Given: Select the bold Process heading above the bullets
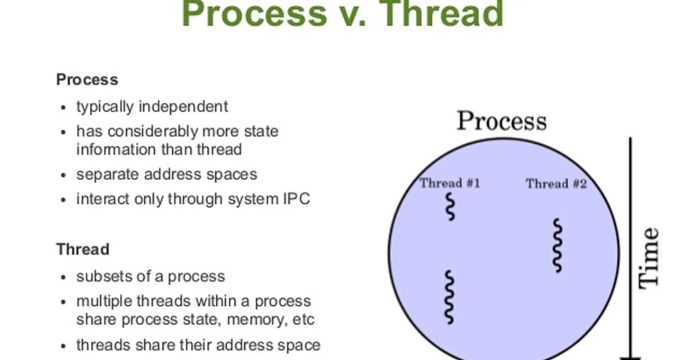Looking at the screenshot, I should pos(87,79).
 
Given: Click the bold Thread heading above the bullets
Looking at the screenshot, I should pos(82,249).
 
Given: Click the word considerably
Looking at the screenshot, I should pos(150,131).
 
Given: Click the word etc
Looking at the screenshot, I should pos(303,319).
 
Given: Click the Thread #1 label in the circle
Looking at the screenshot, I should pos(450,183).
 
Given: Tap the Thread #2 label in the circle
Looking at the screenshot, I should pos(556,183).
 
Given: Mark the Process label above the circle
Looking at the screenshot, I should pos(501,121).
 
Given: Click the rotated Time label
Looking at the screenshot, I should pos(649,257).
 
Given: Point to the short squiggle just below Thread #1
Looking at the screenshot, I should pos(451,207).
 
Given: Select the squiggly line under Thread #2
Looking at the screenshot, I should pos(557,245).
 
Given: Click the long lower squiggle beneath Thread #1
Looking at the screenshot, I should pos(450,297).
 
